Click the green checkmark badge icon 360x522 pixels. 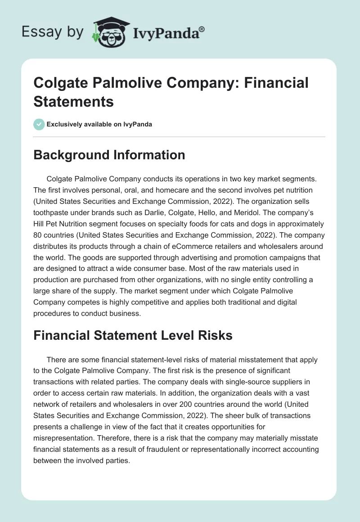pyautogui.click(x=39, y=124)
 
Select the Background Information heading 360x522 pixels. pyautogui.click(x=109, y=155)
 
